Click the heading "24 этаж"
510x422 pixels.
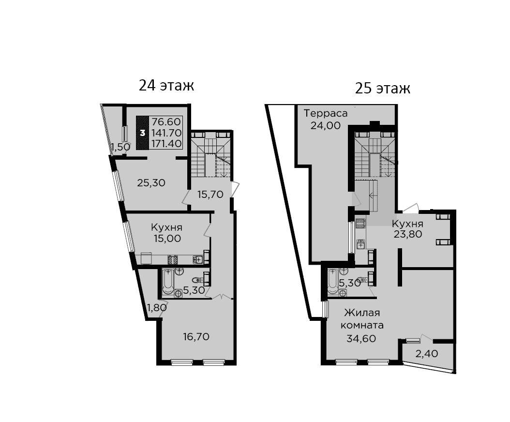(x=166, y=86)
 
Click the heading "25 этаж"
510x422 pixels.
(x=382, y=88)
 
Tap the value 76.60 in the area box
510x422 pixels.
(x=166, y=121)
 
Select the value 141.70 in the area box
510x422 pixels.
(x=166, y=133)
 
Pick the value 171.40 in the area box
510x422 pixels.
(x=166, y=143)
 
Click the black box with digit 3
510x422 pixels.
(x=142, y=133)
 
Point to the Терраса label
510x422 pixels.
(x=326, y=113)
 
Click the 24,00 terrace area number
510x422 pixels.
(x=326, y=125)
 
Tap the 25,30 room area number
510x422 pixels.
(x=151, y=183)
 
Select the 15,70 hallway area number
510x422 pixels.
(x=210, y=195)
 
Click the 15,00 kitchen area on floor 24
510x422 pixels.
(x=167, y=239)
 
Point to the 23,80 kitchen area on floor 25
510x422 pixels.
(x=408, y=234)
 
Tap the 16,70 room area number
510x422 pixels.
(x=196, y=337)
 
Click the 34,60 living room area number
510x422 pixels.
(x=361, y=339)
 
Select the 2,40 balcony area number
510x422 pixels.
(x=427, y=353)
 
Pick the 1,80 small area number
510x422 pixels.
(x=157, y=307)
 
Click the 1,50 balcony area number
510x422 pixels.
(x=120, y=147)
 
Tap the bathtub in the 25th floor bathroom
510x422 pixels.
(x=333, y=282)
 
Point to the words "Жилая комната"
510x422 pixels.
(x=362, y=319)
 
